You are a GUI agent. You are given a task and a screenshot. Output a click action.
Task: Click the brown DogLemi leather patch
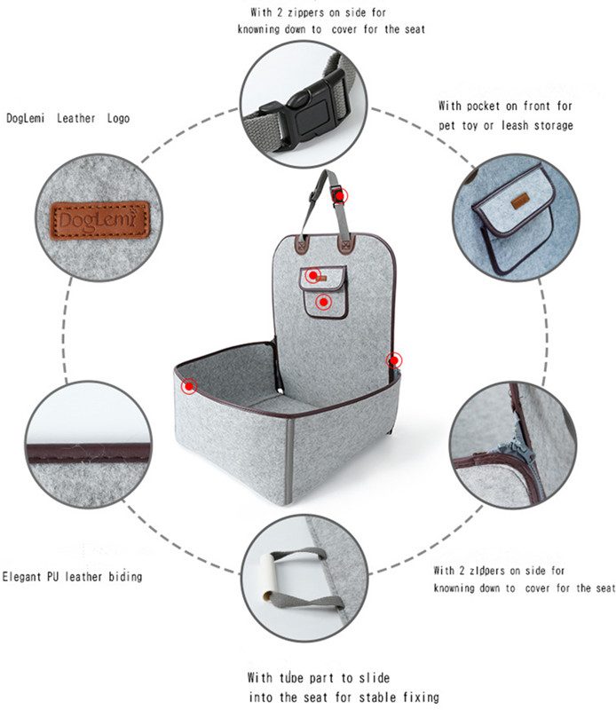(99, 220)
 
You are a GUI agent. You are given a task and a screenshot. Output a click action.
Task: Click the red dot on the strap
(339, 196)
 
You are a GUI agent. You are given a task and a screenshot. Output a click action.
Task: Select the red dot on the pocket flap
(313, 275)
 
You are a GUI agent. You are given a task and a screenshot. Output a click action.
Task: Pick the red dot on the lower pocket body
(323, 302)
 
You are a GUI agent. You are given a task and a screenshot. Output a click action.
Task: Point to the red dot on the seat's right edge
(394, 360)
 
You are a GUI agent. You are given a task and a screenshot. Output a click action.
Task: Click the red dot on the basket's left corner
(189, 386)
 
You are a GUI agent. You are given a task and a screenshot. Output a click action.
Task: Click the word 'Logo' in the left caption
(118, 119)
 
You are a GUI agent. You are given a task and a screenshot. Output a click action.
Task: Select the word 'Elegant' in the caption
(21, 577)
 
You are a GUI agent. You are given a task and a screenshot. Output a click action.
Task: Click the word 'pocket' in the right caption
(483, 106)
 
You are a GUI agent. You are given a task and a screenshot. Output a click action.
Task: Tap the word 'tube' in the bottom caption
(291, 678)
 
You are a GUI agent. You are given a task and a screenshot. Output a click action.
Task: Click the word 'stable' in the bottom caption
(377, 697)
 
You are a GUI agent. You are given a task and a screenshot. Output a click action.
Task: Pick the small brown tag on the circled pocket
(520, 201)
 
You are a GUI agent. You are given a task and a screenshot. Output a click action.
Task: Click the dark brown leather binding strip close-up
(89, 454)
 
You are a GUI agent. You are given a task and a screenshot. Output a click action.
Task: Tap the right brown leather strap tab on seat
(345, 244)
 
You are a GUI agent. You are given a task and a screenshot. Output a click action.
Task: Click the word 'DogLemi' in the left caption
(26, 119)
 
